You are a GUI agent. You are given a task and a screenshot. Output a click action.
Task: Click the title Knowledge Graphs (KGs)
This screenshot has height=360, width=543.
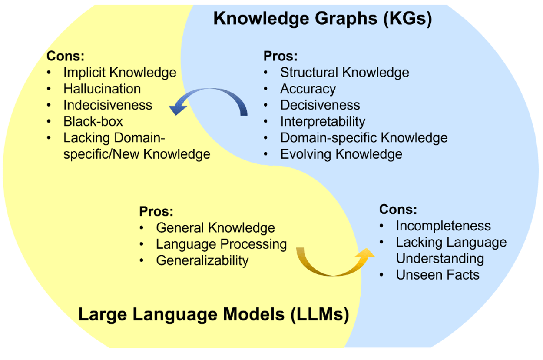(322, 20)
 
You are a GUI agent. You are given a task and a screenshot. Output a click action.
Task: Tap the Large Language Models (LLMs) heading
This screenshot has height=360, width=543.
(213, 314)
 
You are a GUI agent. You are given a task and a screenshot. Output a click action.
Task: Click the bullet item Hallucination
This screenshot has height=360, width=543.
(102, 89)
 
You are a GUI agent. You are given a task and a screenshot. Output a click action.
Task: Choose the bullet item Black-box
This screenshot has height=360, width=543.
(93, 121)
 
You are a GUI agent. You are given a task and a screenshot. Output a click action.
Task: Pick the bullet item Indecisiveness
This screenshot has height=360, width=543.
(108, 105)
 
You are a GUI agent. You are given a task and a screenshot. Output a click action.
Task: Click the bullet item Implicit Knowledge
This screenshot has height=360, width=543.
(120, 72)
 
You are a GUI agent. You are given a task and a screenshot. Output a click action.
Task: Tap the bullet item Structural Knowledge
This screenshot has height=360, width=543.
(344, 72)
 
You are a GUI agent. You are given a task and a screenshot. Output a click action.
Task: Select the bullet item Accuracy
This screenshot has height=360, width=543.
(308, 89)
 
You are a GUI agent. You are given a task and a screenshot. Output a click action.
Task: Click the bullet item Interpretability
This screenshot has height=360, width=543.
(323, 121)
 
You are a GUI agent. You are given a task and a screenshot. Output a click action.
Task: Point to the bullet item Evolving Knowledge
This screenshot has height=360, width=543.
(341, 154)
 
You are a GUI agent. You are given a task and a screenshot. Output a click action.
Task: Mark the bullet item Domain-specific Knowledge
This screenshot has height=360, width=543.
(364, 138)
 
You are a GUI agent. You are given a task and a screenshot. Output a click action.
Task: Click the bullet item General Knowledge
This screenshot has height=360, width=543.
(215, 228)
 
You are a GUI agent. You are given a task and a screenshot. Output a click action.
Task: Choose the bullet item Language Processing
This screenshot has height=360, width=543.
(222, 244)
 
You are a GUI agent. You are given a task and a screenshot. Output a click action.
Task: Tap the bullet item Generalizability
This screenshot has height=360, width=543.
(202, 260)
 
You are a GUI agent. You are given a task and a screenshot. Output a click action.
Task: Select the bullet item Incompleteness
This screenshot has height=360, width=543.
(443, 226)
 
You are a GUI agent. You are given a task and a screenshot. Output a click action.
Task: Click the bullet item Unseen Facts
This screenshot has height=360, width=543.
(437, 275)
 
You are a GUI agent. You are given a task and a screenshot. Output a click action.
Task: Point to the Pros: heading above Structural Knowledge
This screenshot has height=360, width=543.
(280, 56)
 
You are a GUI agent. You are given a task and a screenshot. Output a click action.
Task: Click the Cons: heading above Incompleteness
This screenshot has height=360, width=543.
(398, 210)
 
